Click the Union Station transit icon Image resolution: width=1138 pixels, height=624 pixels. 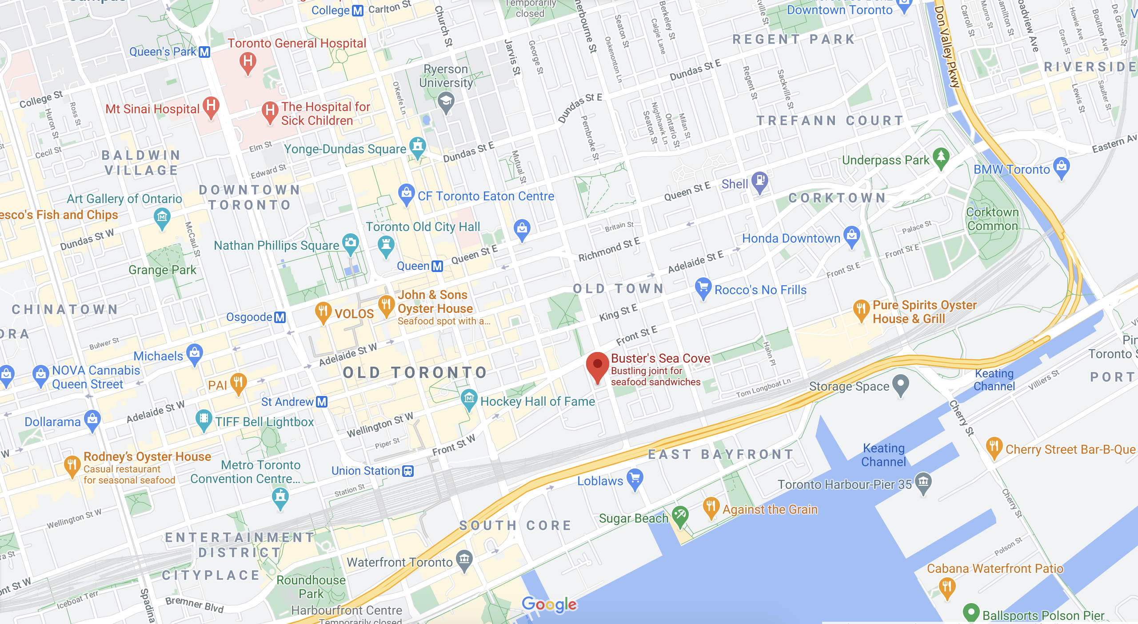point(407,471)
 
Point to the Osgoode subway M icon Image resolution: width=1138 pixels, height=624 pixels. point(280,317)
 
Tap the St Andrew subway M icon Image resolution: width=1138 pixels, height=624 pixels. point(322,402)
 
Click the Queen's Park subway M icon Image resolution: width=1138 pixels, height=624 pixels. point(204,52)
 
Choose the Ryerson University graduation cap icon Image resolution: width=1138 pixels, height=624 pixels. point(446,101)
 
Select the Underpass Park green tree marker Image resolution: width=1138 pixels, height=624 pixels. point(941,157)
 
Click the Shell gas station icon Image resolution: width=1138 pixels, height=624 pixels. point(760,181)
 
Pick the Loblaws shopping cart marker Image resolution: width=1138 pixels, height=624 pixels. point(635,479)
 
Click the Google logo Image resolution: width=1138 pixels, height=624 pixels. point(549,604)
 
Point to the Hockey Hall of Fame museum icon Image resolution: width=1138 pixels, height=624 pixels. point(469,399)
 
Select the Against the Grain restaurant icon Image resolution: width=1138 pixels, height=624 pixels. point(711,507)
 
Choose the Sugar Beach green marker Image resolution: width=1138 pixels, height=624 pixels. point(680,516)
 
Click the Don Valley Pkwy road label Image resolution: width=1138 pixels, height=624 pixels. point(947,47)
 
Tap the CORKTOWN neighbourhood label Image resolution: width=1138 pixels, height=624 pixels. point(837,198)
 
